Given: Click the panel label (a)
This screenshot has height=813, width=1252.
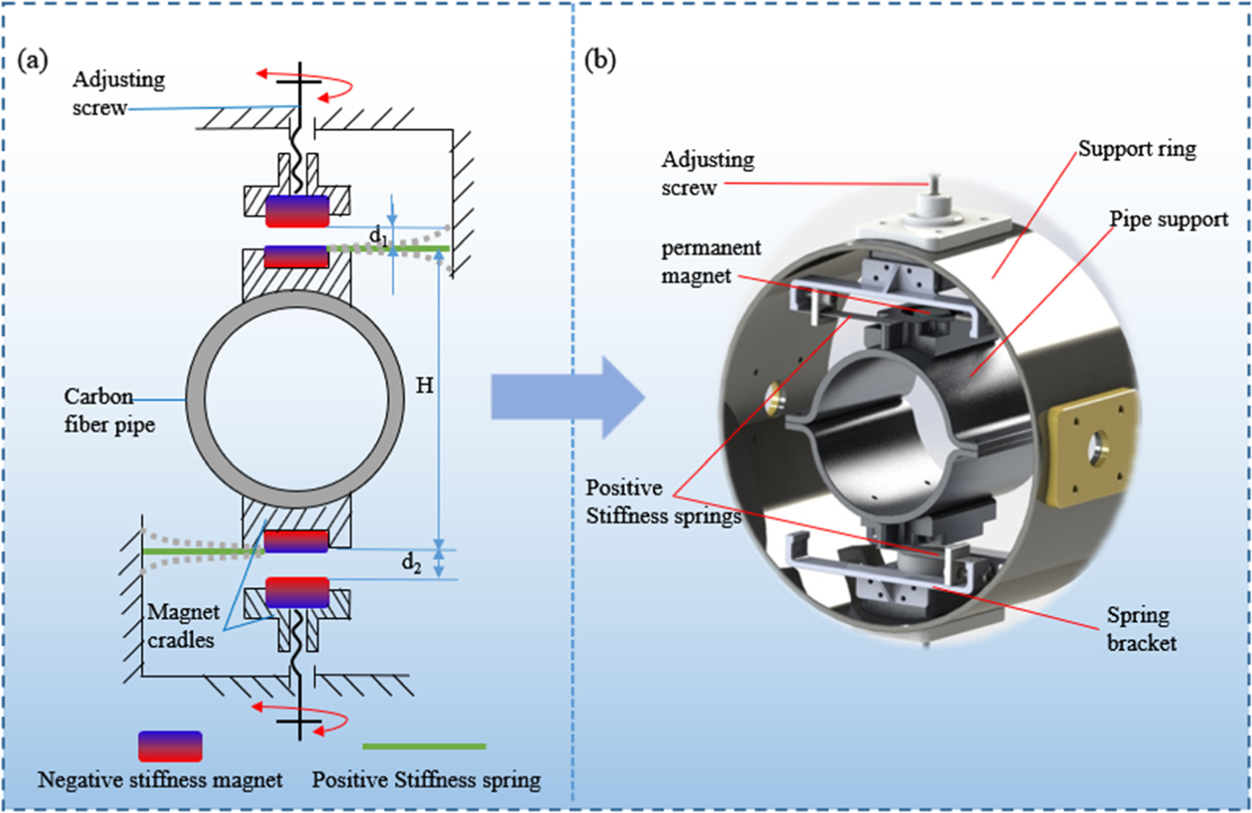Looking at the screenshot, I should tap(33, 61).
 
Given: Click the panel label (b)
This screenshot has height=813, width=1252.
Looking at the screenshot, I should tap(600, 61).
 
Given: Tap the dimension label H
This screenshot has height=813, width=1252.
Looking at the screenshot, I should tap(424, 385).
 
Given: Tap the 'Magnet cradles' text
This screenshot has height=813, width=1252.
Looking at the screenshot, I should tap(182, 626).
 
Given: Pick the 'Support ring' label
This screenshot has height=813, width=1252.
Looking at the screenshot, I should tap(1137, 149).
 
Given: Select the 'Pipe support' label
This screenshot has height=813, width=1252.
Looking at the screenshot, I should tap(1168, 219).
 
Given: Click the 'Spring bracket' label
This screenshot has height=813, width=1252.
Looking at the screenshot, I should tap(1140, 629).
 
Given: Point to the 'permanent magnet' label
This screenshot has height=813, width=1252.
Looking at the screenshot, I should tap(710, 262).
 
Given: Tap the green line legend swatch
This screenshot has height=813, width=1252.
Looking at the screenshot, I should tap(424, 747).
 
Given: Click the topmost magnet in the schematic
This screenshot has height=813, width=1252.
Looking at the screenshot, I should tap(297, 211).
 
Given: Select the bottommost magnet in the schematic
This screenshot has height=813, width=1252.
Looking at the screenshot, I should tap(297, 592).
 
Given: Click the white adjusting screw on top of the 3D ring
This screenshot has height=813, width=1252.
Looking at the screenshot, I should tap(934, 201).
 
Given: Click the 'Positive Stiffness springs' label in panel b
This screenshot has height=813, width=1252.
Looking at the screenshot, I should tap(662, 502).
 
